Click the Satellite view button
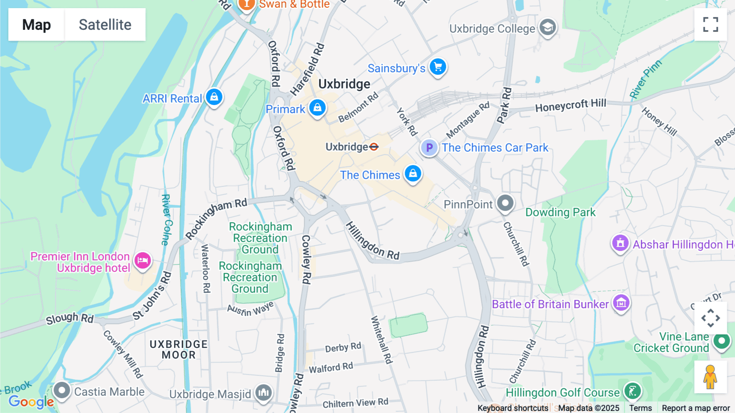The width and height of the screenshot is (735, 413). tap(105, 25)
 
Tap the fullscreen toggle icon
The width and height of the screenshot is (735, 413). tap(710, 25)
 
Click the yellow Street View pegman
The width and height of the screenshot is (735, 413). tap(710, 377)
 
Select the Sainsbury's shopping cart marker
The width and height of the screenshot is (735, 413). tap(438, 67)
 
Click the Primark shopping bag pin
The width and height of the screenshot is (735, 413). tap(317, 108)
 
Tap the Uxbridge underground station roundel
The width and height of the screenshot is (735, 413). tap(374, 147)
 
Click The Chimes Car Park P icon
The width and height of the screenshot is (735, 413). tap(429, 148)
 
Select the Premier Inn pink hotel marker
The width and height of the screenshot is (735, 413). tap(143, 260)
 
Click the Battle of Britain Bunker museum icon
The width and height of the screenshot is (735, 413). tap(621, 303)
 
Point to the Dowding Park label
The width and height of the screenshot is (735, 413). tap(560, 212)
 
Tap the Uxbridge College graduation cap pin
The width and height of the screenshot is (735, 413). tap(548, 27)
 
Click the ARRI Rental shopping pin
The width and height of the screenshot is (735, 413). tap(214, 97)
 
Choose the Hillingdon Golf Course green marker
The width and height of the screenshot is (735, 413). tap(632, 391)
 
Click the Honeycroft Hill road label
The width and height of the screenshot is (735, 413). tap(570, 105)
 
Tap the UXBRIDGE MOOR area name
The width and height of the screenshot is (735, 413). tap(179, 350)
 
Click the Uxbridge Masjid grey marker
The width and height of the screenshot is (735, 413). tap(263, 393)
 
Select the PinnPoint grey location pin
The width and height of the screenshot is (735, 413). tap(505, 203)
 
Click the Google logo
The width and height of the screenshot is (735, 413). tap(31, 402)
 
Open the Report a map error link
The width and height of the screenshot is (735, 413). tap(695, 408)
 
